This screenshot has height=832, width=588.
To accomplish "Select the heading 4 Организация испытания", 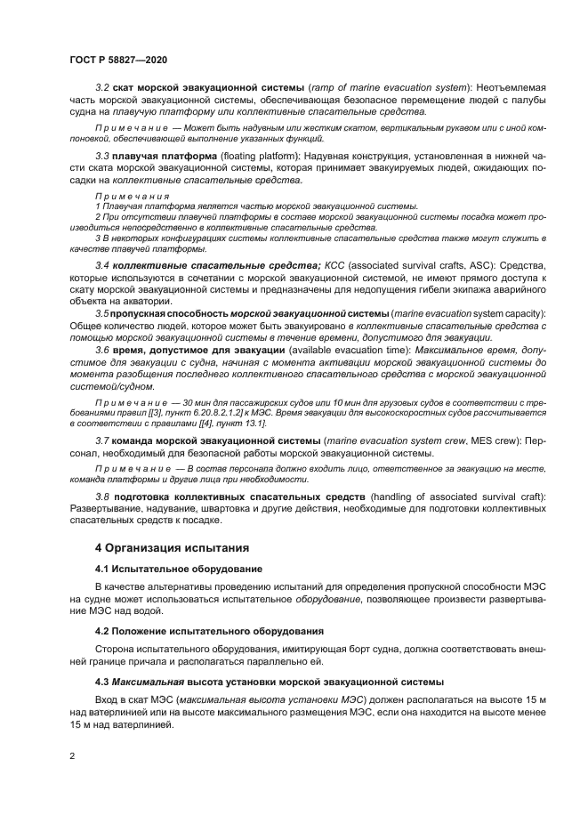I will click(x=173, y=547).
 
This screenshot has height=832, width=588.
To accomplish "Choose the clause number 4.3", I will click(x=103, y=682).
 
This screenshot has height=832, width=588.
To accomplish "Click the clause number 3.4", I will click(x=102, y=266).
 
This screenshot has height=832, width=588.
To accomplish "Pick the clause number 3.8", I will click(x=102, y=496).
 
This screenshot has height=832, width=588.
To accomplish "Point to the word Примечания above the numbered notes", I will click(x=133, y=194).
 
